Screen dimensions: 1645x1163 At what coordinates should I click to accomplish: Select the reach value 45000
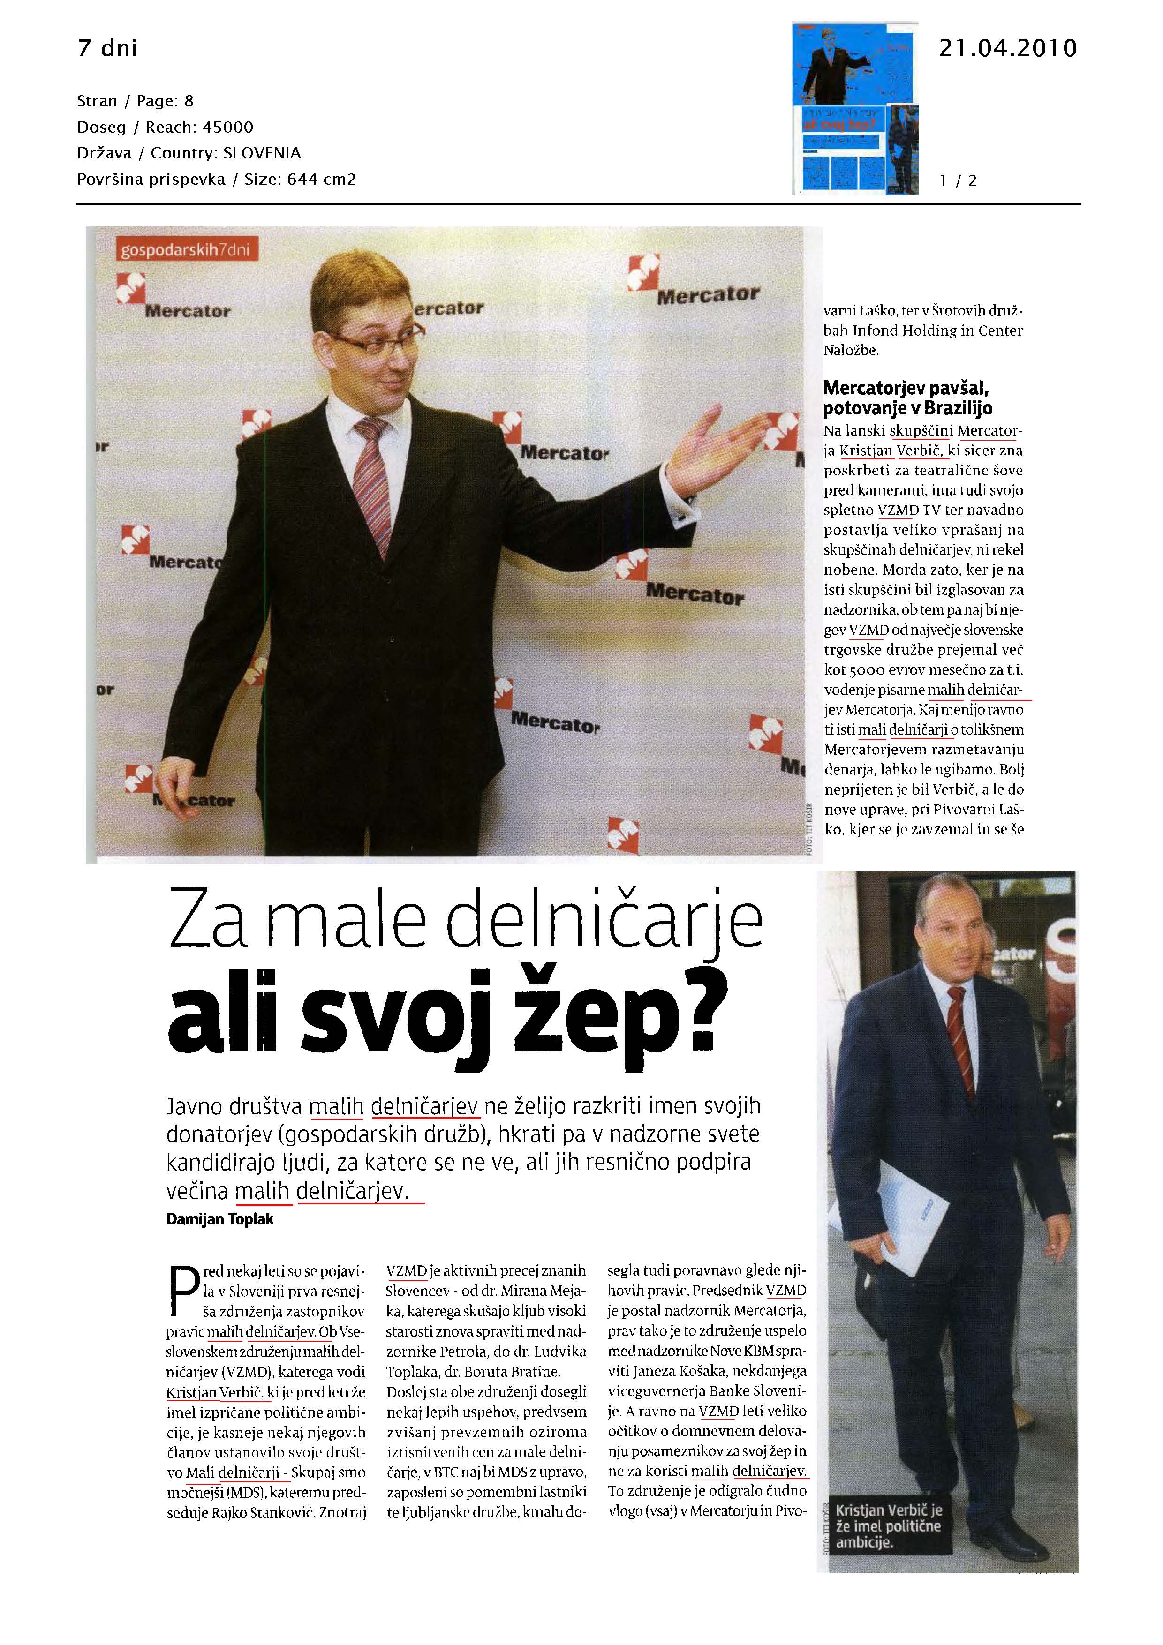click(x=228, y=128)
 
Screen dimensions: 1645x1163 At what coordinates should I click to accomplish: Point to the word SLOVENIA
click(x=262, y=153)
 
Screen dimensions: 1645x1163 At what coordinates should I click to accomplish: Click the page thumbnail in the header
click(x=855, y=108)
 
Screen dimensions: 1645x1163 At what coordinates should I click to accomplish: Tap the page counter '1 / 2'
click(x=958, y=180)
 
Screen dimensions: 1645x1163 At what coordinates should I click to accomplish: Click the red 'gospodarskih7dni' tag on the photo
click(x=186, y=250)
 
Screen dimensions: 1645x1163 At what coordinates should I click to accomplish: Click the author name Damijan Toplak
click(x=219, y=1219)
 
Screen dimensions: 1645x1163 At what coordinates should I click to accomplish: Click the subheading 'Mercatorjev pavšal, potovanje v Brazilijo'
click(x=908, y=398)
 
